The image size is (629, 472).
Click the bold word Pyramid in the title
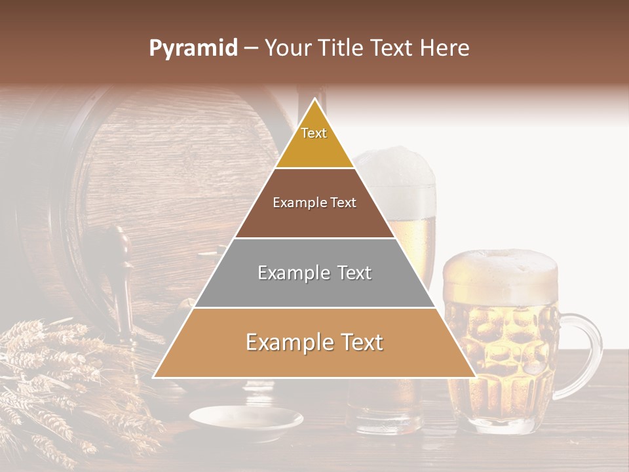pyautogui.click(x=193, y=49)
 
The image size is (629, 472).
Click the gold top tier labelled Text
pyautogui.click(x=314, y=141)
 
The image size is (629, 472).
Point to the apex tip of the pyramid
pyautogui.click(x=314, y=100)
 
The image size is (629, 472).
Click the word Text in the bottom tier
pyautogui.click(x=358, y=342)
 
